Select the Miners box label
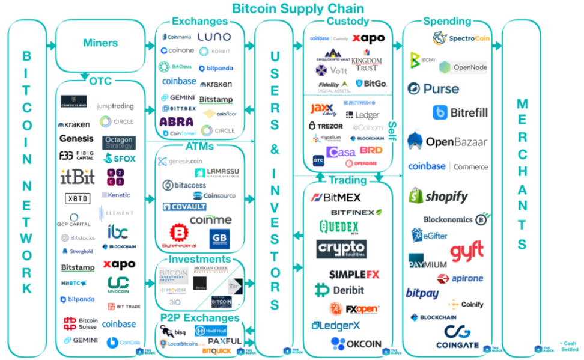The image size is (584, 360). [100, 43]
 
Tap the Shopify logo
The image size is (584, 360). [438, 196]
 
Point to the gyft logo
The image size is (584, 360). [467, 252]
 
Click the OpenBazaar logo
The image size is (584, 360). [448, 142]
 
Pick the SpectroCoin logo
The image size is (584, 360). [460, 39]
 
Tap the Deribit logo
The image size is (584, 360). [339, 290]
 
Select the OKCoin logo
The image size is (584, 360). [356, 344]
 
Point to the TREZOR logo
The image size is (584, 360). [326, 126]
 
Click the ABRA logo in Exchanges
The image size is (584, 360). [177, 121]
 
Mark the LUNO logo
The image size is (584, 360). [214, 37]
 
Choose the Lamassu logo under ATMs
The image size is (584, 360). [210, 173]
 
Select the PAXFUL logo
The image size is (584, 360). [224, 341]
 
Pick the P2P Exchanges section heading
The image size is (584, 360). [199, 317]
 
